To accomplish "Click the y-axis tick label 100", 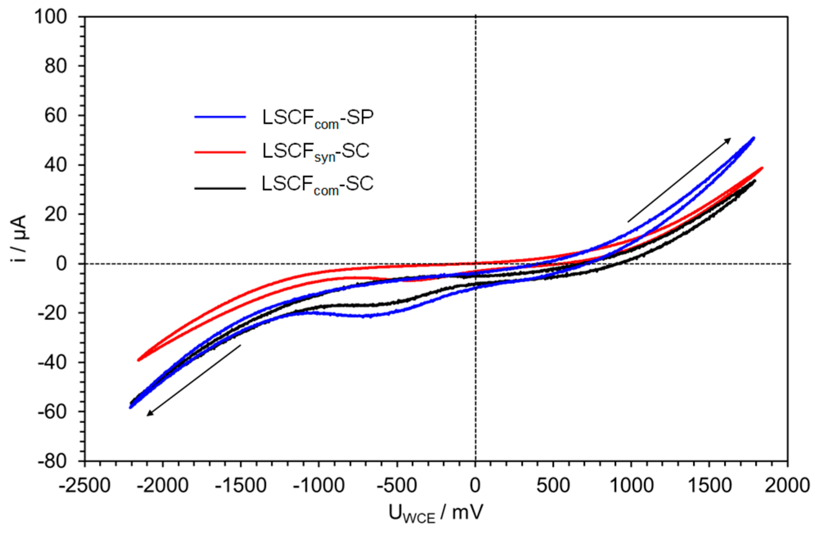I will [x=50, y=17].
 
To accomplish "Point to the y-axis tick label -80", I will [x=52, y=461].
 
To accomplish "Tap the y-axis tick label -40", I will [x=52, y=362].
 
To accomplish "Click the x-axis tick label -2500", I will [x=85, y=486].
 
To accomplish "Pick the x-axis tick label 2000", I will [x=787, y=486].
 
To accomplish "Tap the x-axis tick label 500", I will [x=553, y=486].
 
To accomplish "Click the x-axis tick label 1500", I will [x=709, y=486].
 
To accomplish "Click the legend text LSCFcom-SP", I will [x=318, y=119].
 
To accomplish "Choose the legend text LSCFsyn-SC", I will [x=316, y=152].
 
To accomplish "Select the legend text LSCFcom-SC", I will [x=317, y=185].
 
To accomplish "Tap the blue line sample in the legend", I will [x=220, y=117].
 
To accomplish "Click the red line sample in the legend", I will [x=220, y=152].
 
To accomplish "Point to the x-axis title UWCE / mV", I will [x=435, y=513].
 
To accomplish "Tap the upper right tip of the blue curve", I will [x=754, y=138].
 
